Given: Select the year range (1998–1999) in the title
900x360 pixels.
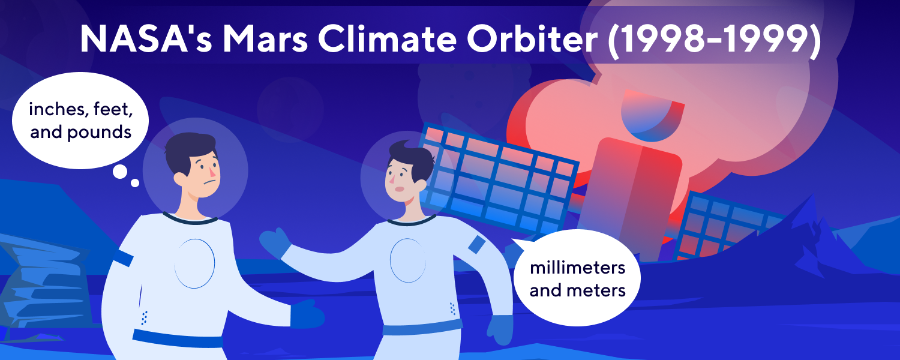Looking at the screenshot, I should [714, 40].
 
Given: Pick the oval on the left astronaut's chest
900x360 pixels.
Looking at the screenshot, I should [194, 264].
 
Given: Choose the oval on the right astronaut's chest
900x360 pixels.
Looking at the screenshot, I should [408, 260].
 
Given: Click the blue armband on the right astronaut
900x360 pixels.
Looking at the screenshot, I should [476, 244].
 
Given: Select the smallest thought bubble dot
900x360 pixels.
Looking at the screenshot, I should [135, 183].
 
